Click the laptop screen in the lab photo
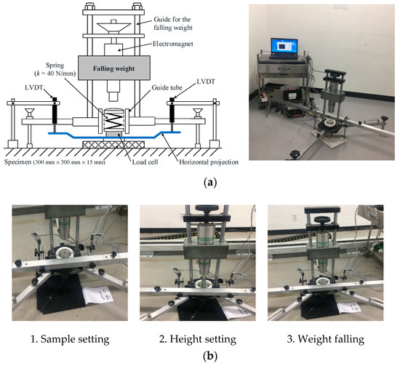(288, 49)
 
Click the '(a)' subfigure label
(199, 184)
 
